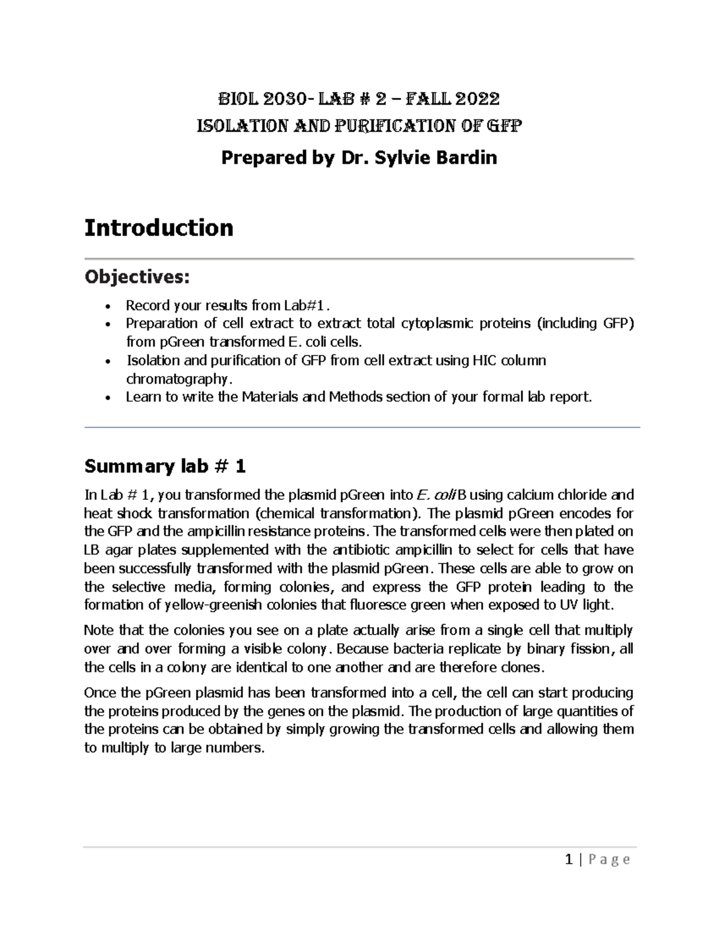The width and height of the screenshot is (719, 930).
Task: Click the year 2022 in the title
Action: (x=478, y=98)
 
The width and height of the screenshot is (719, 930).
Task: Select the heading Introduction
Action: (x=159, y=228)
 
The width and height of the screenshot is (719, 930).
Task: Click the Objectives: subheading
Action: (x=137, y=277)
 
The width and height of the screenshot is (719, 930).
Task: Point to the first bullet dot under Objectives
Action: (x=107, y=307)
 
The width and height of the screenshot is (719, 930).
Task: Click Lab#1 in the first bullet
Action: (x=304, y=305)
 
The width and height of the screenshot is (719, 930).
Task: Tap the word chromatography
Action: (x=177, y=379)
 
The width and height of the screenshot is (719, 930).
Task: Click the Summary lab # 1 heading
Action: (x=165, y=466)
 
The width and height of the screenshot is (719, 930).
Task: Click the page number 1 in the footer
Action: (x=569, y=860)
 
